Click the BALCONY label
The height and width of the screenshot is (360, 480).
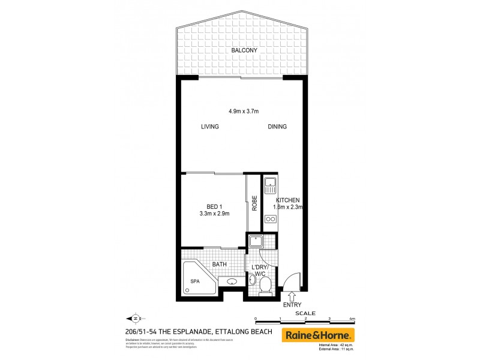[x=244, y=50]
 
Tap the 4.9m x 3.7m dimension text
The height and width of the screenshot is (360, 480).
[x=243, y=111]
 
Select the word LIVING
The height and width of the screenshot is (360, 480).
[x=209, y=127]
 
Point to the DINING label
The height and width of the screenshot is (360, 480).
[x=277, y=127]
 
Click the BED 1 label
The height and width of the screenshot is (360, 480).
[x=208, y=206]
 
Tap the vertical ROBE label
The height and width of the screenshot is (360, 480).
[x=254, y=204]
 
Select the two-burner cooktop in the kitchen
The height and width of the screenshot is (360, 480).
[x=271, y=219]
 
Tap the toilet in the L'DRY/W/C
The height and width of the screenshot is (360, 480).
[x=264, y=284]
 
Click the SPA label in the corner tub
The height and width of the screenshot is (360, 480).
[x=194, y=280]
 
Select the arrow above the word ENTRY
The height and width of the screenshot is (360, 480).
[x=292, y=296]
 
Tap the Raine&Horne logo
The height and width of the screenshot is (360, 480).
[x=319, y=335]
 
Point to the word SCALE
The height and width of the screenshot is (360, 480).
[x=305, y=313]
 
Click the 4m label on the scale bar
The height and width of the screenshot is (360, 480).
[x=352, y=319]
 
